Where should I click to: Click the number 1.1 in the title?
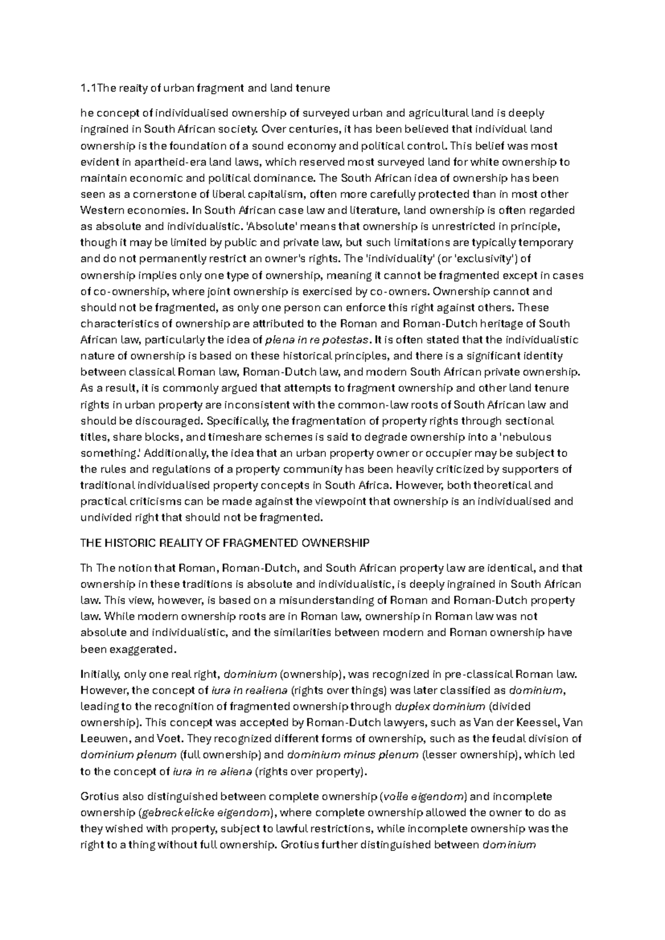[88, 88]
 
